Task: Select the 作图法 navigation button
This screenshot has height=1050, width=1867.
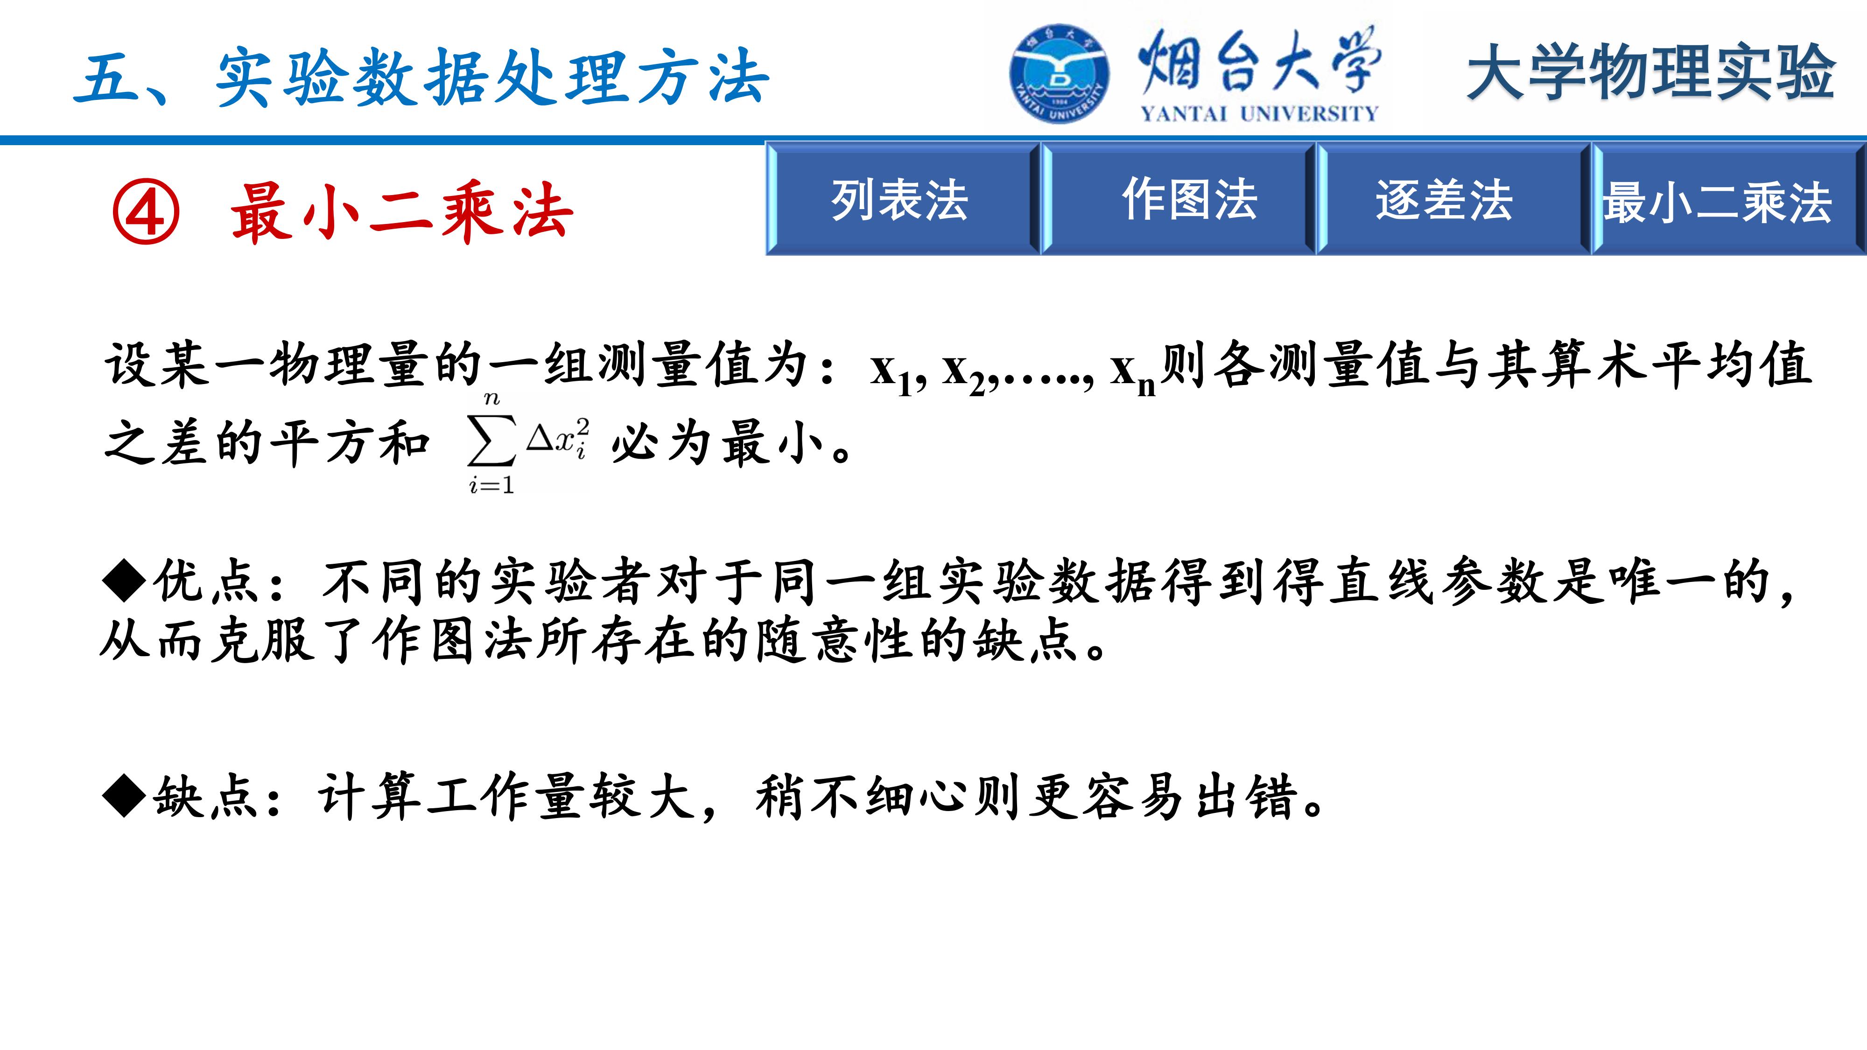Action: [1179, 198]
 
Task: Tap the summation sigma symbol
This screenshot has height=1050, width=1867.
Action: [491, 441]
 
